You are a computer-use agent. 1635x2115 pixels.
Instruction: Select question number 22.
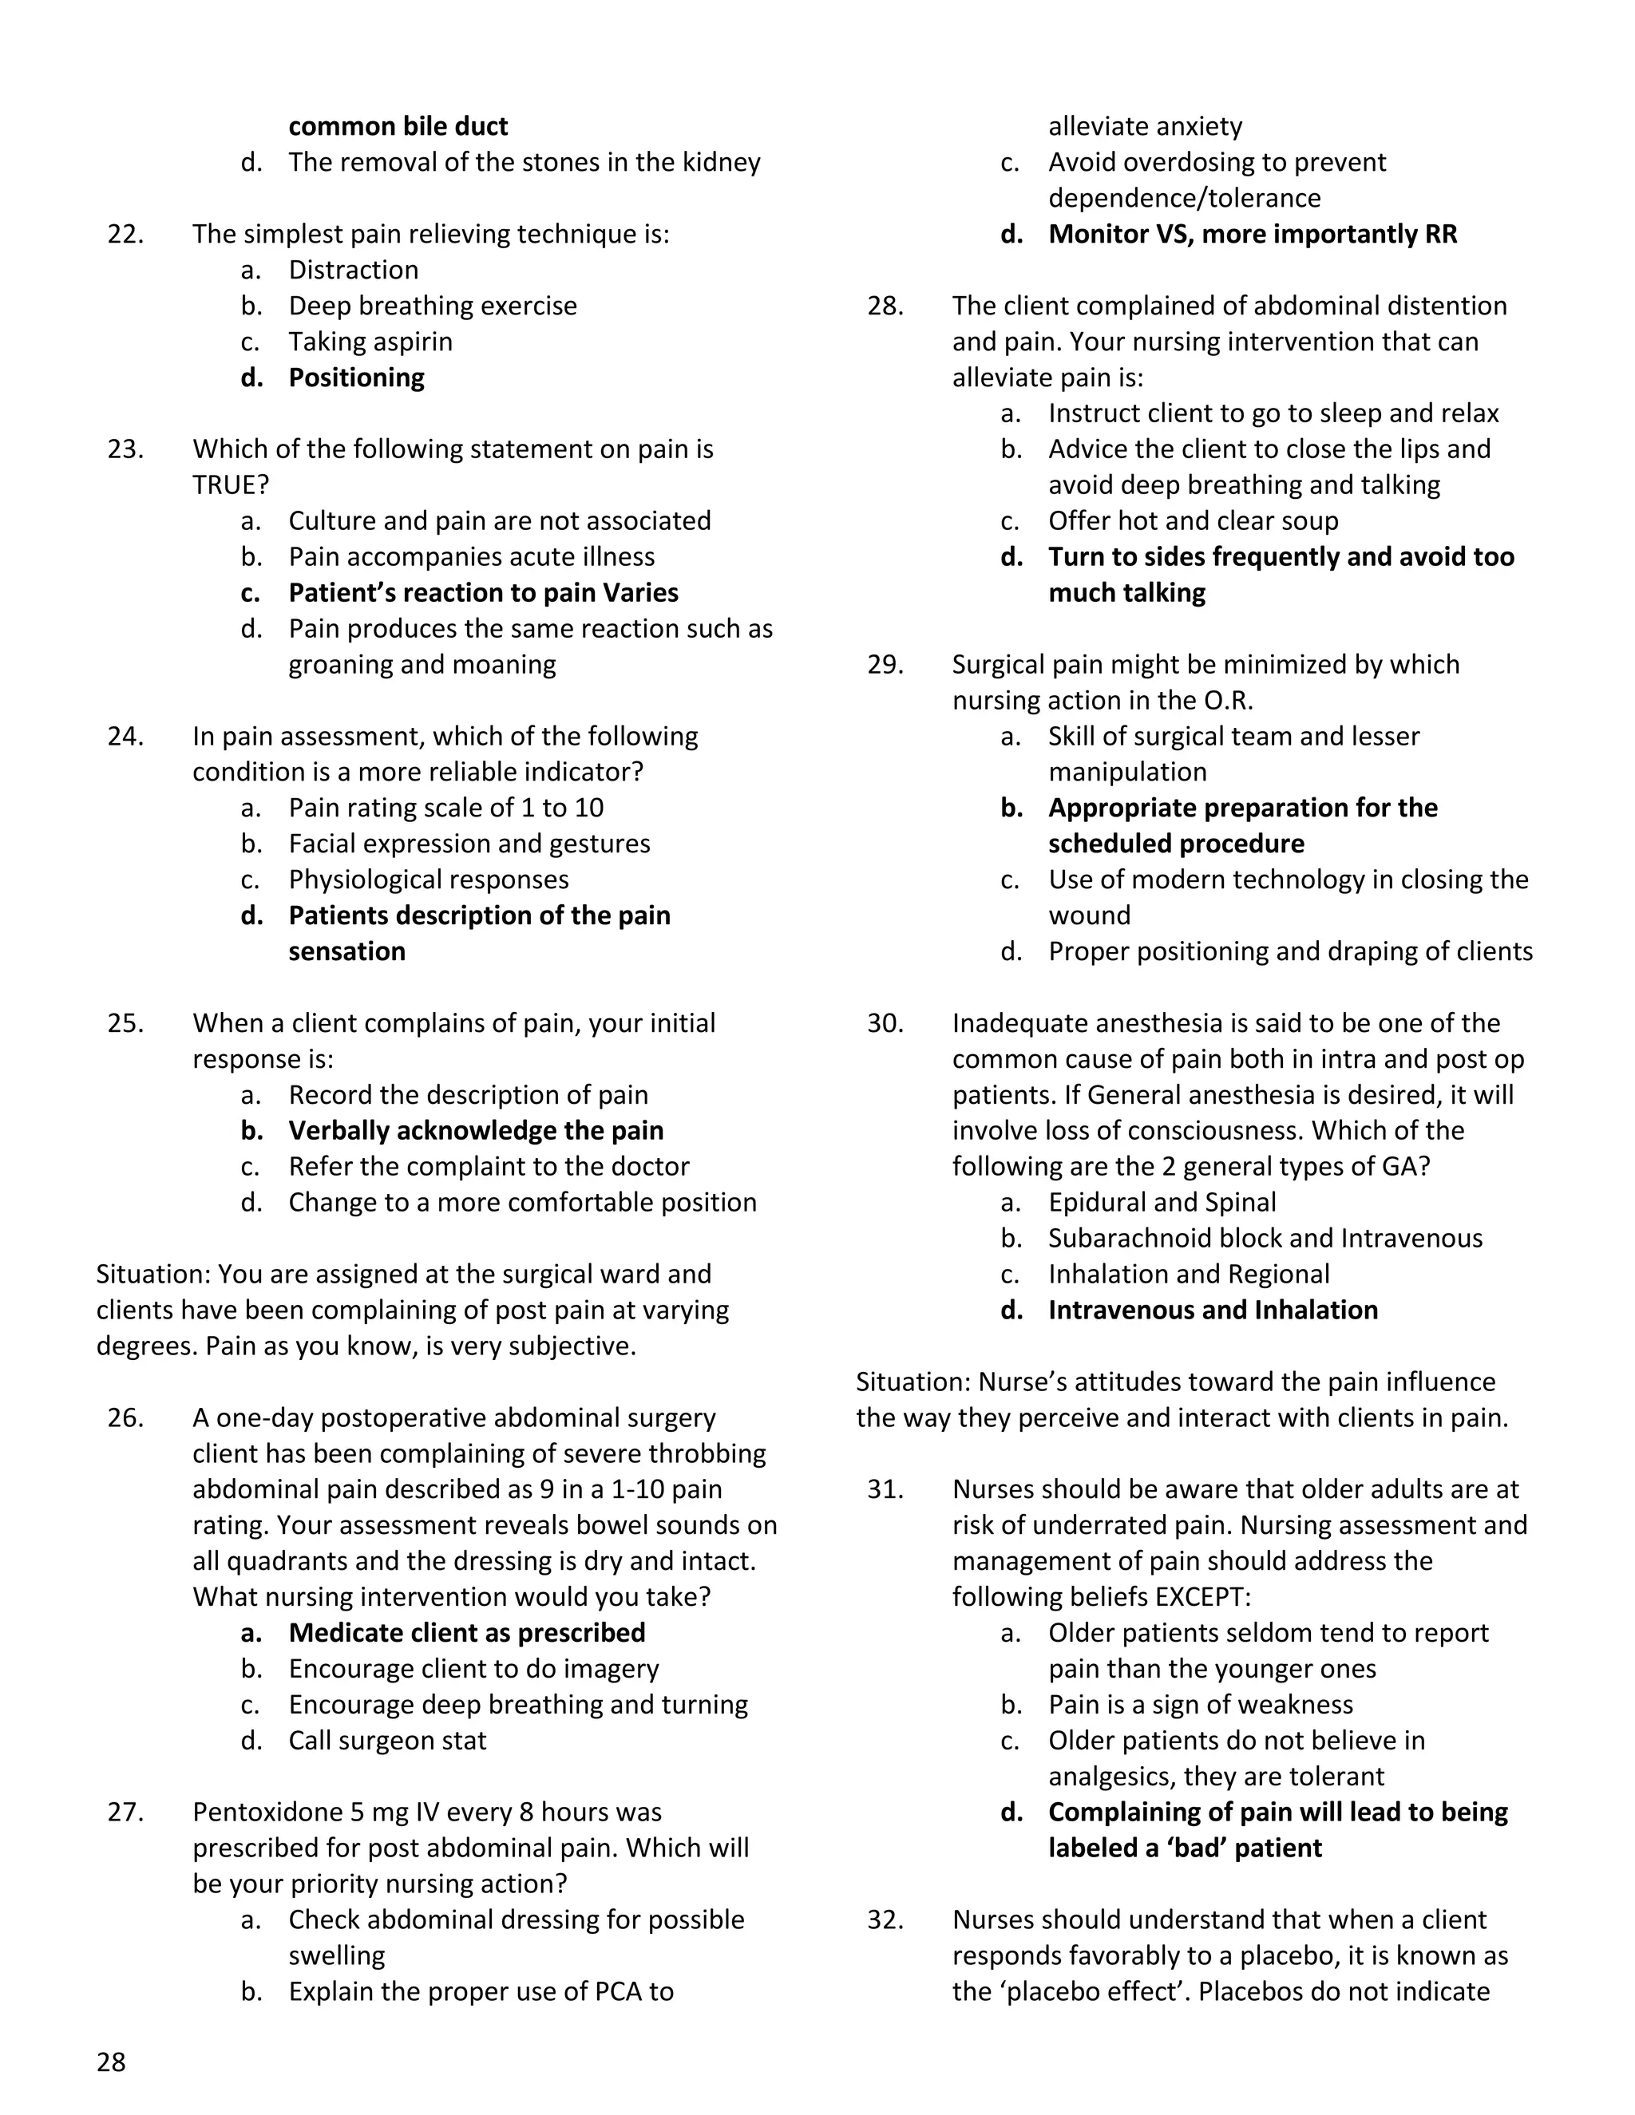click(126, 235)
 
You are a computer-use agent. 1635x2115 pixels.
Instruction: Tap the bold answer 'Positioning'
click(356, 378)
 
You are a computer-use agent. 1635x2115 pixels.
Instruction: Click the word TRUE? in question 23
click(231, 485)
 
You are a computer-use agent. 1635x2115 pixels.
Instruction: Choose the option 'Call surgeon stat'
click(386, 1740)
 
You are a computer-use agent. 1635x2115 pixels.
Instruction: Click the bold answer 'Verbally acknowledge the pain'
click(476, 1131)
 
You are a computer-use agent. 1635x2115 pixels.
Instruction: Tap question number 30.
click(885, 1024)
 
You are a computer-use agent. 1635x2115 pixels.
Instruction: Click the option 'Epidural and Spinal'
click(1162, 1203)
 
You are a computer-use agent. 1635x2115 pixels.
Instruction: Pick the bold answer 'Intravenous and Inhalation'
click(1213, 1311)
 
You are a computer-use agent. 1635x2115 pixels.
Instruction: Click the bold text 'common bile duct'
click(398, 127)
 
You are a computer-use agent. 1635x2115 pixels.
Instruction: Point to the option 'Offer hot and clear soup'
click(1193, 521)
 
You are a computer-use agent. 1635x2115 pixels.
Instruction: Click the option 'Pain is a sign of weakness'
click(1200, 1705)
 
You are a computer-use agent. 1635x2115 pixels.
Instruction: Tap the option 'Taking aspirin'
click(370, 342)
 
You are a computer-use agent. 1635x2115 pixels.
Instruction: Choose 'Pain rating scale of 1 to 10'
click(445, 808)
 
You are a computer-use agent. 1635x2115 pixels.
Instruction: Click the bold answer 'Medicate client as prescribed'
click(467, 1633)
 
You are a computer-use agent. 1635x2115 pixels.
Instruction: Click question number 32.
click(885, 1919)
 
